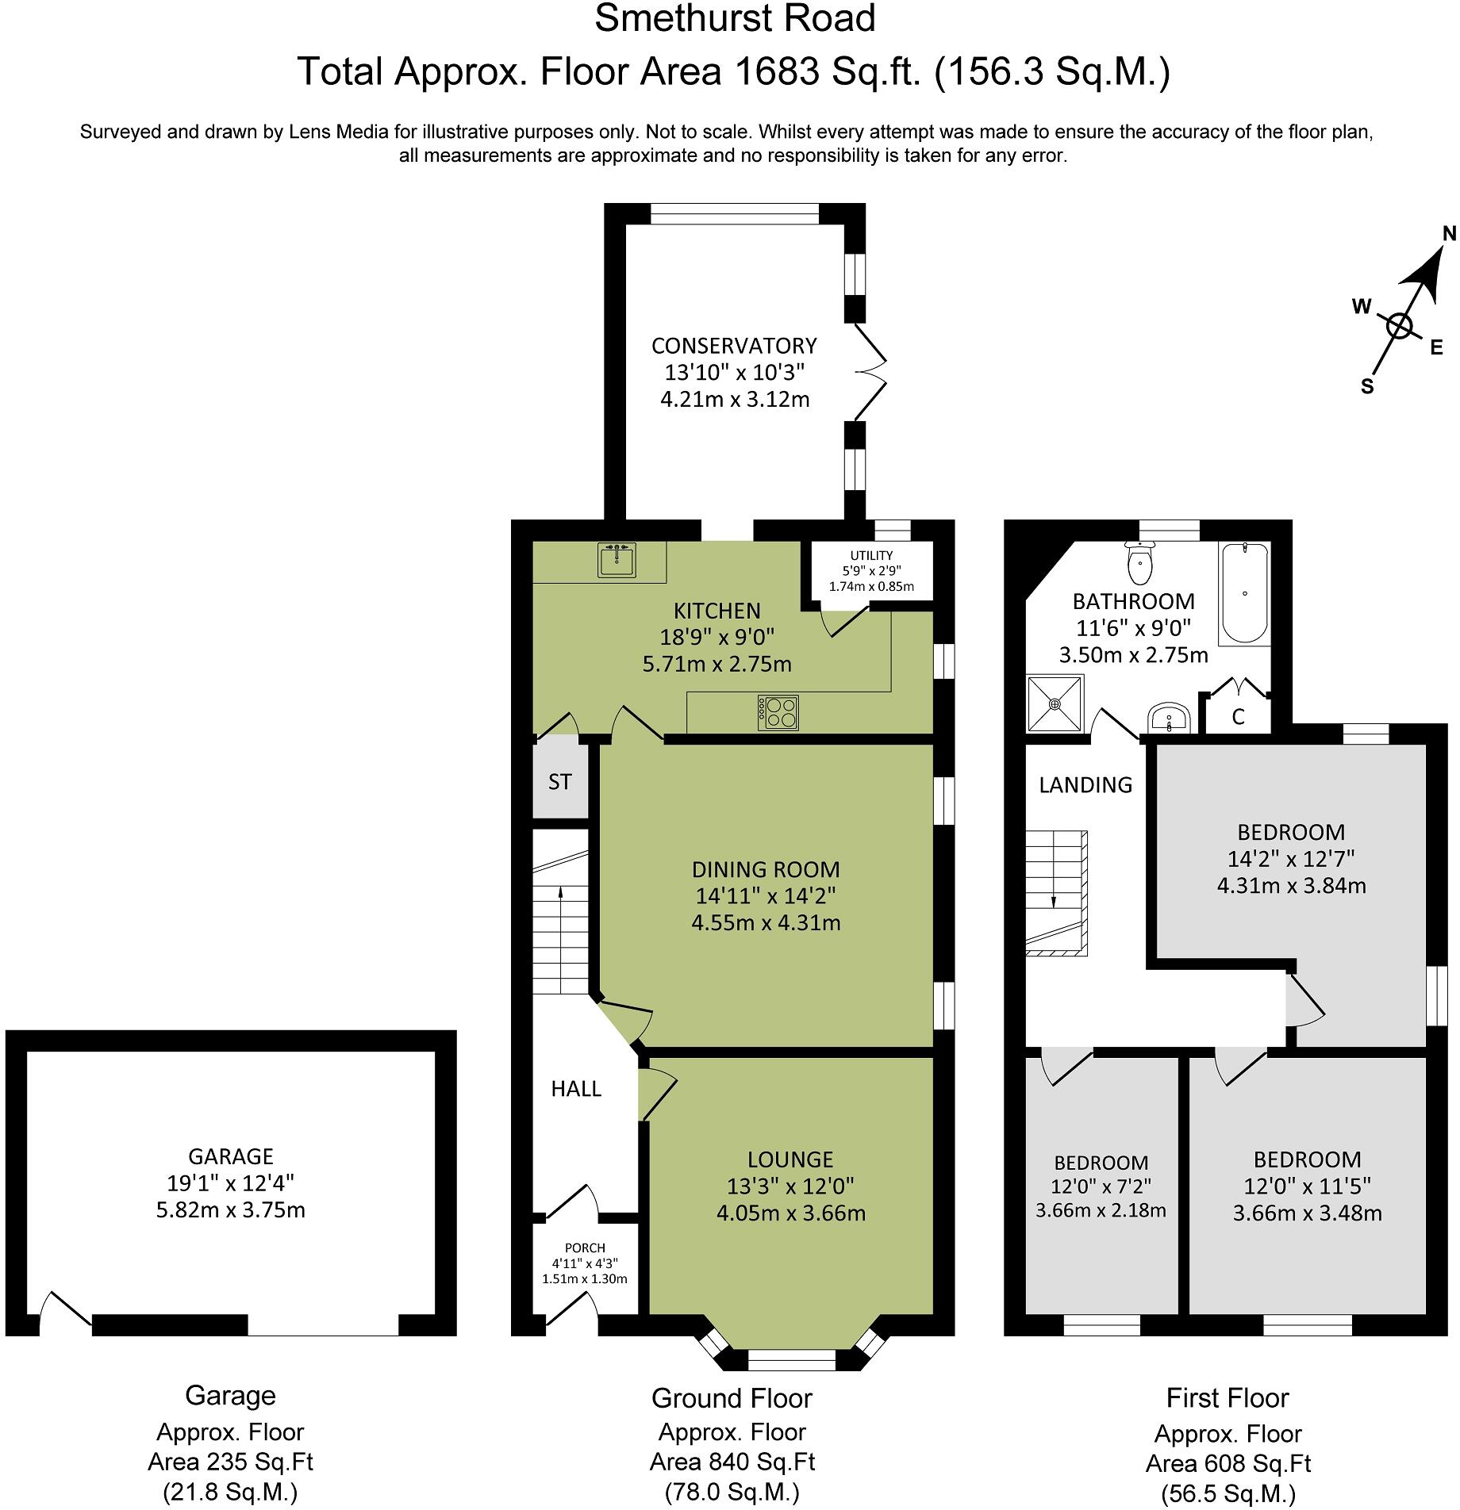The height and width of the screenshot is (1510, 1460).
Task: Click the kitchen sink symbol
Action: click(616, 560)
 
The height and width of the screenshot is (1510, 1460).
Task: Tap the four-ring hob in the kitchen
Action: click(778, 711)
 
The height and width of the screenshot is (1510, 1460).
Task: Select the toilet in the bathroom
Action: click(1140, 564)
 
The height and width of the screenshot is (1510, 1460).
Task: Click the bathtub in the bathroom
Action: click(1244, 592)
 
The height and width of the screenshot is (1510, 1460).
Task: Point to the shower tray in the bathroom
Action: click(1055, 703)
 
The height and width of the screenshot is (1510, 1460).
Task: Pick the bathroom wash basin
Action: click(1168, 719)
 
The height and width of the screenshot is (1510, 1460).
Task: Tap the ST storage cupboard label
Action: click(559, 782)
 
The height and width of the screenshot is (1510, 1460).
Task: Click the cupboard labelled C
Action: click(1238, 717)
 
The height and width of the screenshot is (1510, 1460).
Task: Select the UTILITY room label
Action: click(871, 556)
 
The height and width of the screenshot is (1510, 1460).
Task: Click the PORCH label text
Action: click(585, 1248)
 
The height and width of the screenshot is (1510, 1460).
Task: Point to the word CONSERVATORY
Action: click(734, 346)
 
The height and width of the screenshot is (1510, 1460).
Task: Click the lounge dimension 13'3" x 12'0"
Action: click(790, 1186)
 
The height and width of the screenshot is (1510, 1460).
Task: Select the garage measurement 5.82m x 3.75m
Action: click(230, 1210)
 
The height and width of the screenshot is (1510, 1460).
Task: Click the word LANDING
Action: click(1085, 785)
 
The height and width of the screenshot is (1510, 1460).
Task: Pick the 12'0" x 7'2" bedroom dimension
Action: click(1101, 1186)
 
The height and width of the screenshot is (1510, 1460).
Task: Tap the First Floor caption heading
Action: click(1228, 1397)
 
